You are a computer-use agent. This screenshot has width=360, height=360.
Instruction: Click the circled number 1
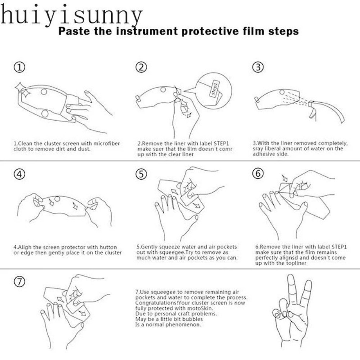[x=19, y=68]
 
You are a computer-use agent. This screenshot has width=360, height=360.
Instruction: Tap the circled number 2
[x=141, y=67]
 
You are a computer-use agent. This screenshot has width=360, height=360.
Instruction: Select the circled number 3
[x=258, y=67]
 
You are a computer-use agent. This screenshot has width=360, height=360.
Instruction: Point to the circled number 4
[x=19, y=174]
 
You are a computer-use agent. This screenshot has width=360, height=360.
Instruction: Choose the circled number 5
[x=141, y=174]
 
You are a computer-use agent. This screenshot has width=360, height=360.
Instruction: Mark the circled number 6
[x=258, y=174]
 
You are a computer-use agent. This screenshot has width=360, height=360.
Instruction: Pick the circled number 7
[x=19, y=282]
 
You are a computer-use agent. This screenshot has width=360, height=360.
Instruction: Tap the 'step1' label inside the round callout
[x=215, y=89]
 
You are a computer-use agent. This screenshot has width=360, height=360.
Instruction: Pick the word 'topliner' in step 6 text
[x=296, y=263]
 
